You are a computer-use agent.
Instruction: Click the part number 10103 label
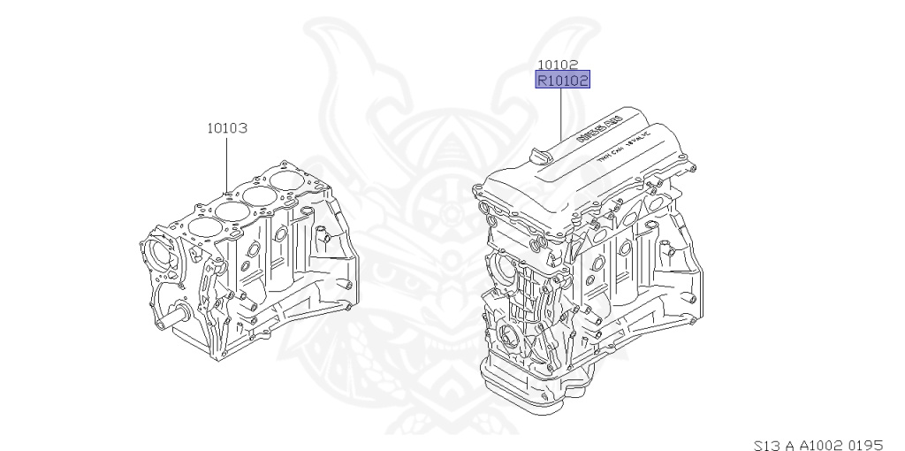(x=226, y=127)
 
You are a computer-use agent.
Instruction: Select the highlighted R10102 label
(x=563, y=80)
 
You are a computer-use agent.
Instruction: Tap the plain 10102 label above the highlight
(x=558, y=65)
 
